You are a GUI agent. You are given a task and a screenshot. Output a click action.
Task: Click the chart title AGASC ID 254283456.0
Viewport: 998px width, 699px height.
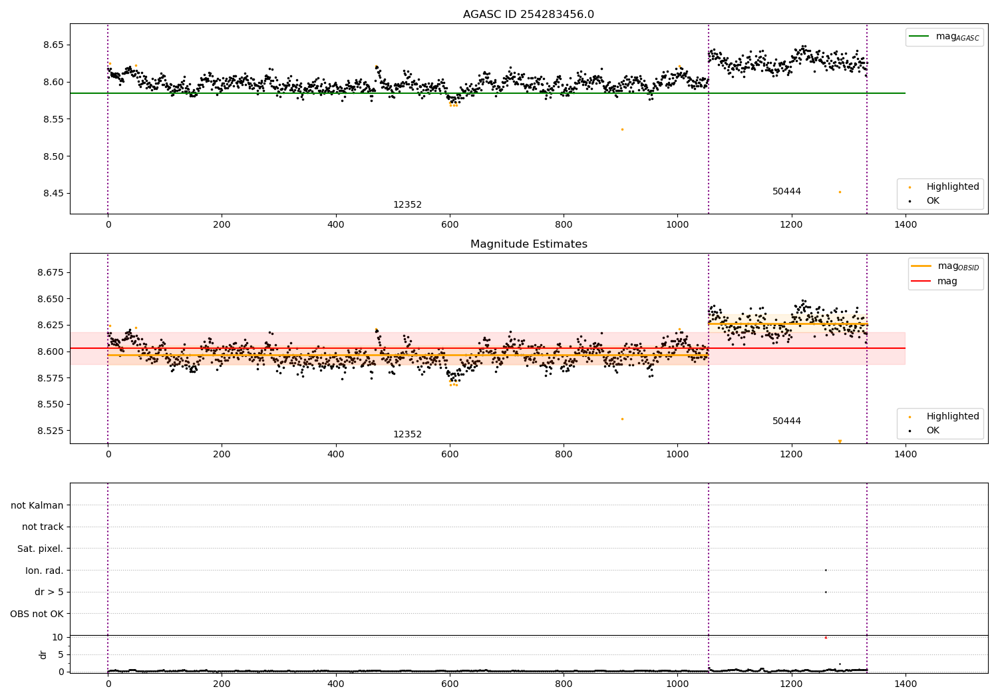click(528, 15)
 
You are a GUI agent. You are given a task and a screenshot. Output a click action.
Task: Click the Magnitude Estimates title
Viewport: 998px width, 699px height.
click(528, 244)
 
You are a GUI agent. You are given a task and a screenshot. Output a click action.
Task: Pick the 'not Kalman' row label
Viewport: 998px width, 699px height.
click(37, 505)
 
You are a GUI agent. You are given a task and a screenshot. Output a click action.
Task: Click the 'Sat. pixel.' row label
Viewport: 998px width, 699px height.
click(40, 549)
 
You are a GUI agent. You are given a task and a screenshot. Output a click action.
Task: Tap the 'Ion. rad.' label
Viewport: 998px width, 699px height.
click(44, 571)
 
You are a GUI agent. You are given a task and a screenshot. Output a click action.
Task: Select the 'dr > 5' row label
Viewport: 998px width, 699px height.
click(49, 592)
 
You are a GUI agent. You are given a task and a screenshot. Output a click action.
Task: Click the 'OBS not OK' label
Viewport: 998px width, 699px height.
click(37, 614)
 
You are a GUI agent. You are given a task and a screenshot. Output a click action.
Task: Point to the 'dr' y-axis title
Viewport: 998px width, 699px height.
click(43, 654)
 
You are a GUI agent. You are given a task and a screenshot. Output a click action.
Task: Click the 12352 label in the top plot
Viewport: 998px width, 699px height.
click(407, 205)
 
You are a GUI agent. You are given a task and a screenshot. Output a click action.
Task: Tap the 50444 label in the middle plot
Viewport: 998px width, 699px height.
click(786, 421)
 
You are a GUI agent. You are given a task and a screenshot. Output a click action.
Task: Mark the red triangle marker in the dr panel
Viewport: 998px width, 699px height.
click(826, 638)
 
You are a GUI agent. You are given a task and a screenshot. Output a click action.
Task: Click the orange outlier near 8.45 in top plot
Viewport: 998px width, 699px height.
click(840, 192)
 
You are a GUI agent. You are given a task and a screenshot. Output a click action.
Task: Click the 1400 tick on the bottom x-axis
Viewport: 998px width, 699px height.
click(906, 684)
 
